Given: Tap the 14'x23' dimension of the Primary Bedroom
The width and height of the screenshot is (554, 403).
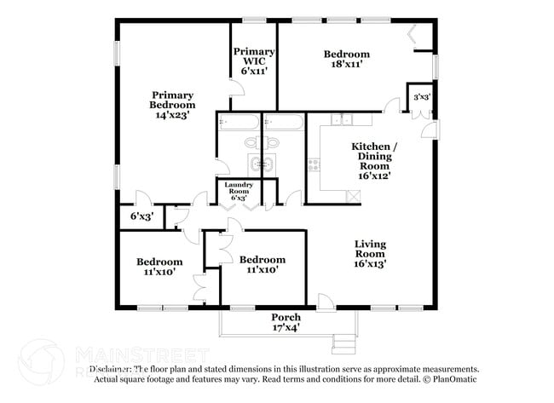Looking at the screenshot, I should click(173, 113).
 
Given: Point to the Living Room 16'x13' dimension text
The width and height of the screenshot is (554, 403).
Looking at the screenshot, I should click(370, 263).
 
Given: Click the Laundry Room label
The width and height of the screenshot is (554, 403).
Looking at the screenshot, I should click(238, 190).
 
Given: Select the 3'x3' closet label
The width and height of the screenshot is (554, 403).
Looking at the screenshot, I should click(421, 97).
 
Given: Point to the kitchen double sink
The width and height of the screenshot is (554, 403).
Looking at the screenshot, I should click(341, 120).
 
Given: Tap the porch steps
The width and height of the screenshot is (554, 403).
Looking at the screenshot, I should click(343, 343).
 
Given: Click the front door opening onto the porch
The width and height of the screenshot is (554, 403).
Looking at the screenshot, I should click(325, 302).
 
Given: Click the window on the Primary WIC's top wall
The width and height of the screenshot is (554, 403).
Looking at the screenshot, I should click(253, 20).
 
